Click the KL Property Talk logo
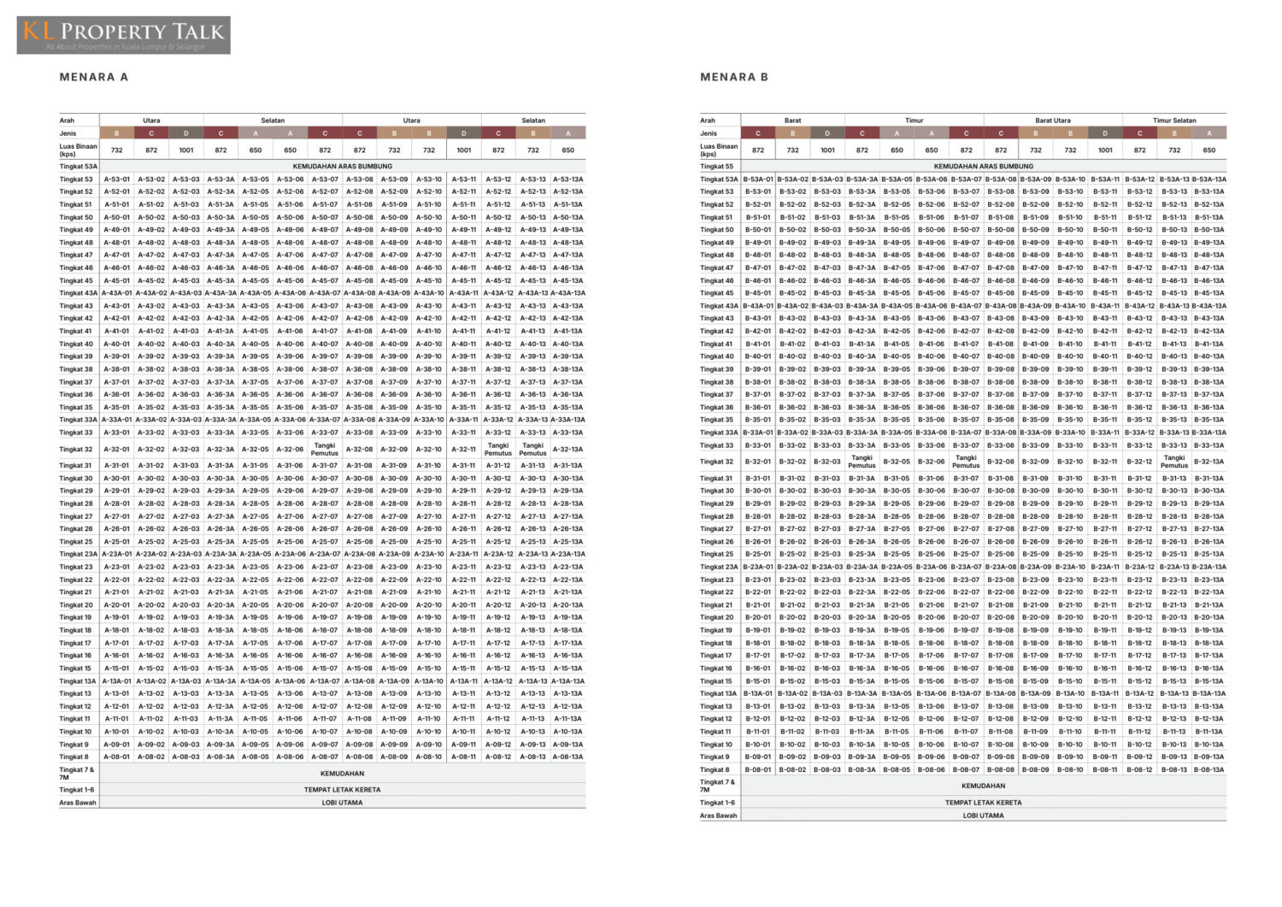[124, 35]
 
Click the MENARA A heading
[94, 77]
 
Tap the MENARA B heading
[734, 77]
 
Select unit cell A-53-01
[117, 180]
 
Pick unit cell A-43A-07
[325, 293]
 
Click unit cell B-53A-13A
[1209, 180]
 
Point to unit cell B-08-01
[758, 769]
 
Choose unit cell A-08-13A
[567, 757]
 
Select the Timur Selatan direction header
[1174, 121]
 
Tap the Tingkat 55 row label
[717, 167]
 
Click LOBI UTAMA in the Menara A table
[342, 803]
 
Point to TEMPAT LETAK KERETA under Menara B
[983, 803]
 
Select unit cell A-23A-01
[117, 554]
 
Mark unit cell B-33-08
[1001, 445]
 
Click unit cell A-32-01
[117, 449]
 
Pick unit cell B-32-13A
[1209, 462]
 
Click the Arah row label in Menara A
[67, 121]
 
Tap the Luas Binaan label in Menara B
[719, 150]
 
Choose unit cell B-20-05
[897, 617]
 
